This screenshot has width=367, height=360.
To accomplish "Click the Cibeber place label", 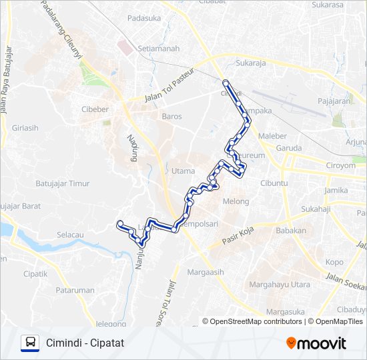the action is click(x=95, y=108).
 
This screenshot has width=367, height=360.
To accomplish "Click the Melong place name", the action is click(x=236, y=201).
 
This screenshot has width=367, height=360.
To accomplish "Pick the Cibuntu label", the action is click(x=274, y=182).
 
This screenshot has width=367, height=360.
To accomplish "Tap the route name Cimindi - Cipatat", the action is click(x=85, y=343).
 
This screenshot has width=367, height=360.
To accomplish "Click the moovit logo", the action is click(x=316, y=343).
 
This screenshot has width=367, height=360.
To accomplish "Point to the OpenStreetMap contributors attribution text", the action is click(x=256, y=321).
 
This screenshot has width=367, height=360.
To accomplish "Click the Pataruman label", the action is click(x=75, y=291).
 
